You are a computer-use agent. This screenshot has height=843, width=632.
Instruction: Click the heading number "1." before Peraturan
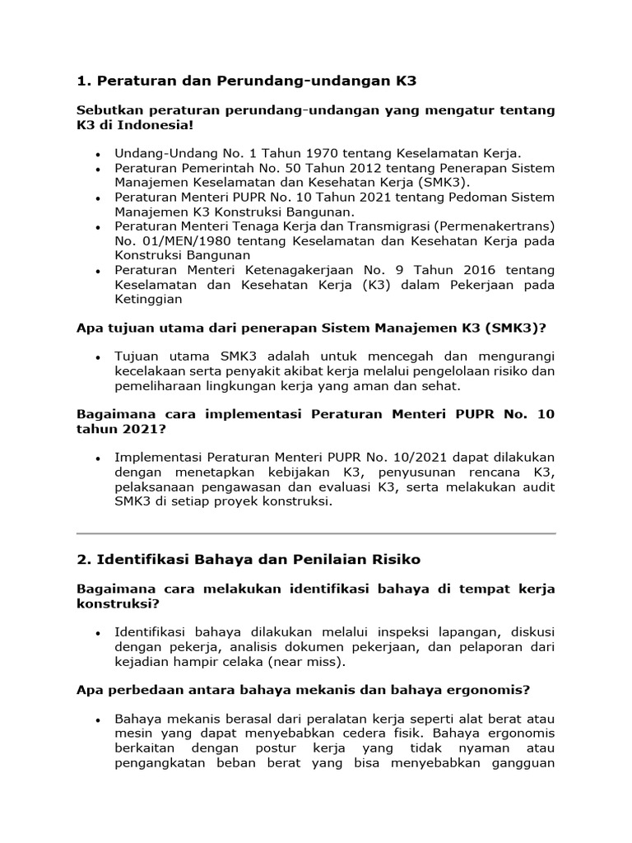(83, 81)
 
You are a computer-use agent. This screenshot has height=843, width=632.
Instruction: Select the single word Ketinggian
(148, 300)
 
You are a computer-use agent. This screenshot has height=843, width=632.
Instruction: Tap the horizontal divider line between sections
(316, 533)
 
